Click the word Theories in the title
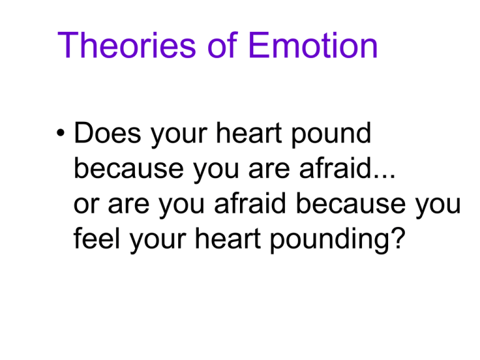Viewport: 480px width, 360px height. click(126, 45)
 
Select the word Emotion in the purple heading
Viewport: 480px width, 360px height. click(313, 45)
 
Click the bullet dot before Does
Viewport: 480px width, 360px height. click(61, 133)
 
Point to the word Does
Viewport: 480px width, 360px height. click(107, 132)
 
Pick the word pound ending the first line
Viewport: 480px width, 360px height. click(331, 134)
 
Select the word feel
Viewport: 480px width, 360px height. click(96, 237)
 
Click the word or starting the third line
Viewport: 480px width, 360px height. click(86, 204)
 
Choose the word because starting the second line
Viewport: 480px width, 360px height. click(129, 167)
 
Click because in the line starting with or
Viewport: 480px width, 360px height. click(351, 202)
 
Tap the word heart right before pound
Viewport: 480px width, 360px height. click(249, 132)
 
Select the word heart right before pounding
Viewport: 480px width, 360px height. click(227, 237)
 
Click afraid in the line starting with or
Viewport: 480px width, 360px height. click(250, 202)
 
